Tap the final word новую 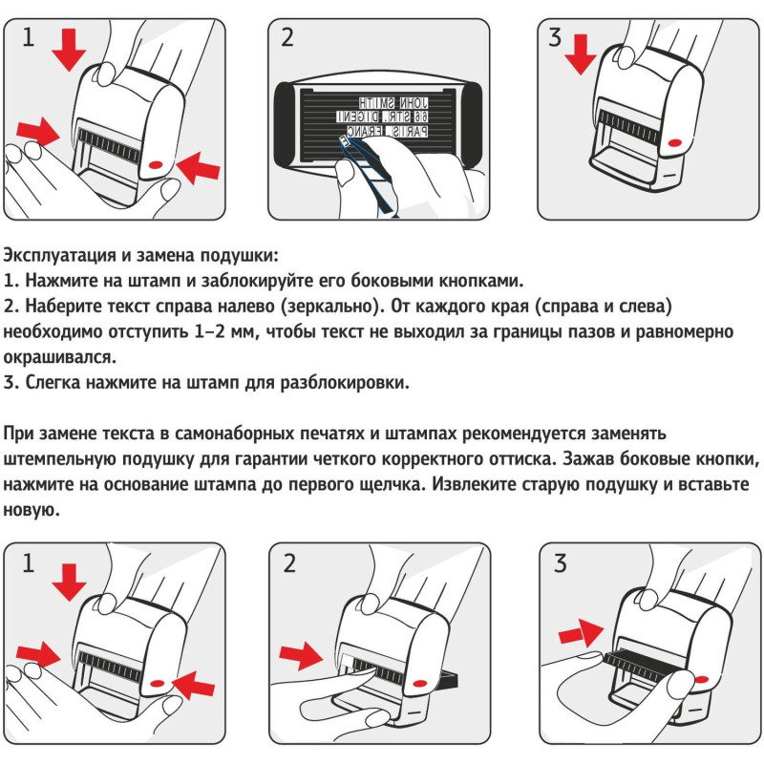(33, 510)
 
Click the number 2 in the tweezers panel (287, 38)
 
